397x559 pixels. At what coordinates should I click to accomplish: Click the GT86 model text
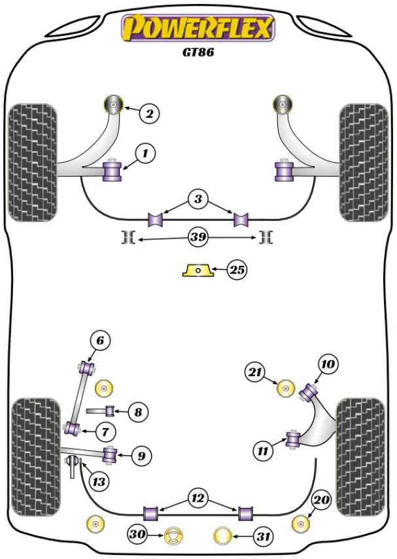[198, 53]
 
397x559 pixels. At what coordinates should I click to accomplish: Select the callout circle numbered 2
[149, 114]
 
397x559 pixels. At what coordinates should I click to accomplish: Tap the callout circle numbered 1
[145, 154]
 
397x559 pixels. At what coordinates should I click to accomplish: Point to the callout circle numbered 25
[237, 269]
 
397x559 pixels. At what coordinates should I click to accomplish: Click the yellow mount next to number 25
[198, 269]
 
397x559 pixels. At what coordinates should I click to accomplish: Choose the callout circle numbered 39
[198, 237]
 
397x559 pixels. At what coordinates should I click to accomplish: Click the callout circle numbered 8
[137, 412]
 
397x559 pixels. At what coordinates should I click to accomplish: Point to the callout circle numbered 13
[98, 483]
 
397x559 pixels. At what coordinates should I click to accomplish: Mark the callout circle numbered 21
[254, 373]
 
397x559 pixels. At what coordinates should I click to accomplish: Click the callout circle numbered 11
[262, 450]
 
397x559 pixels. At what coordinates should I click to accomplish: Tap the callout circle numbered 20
[321, 501]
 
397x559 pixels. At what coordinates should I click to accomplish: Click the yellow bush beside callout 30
[173, 536]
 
